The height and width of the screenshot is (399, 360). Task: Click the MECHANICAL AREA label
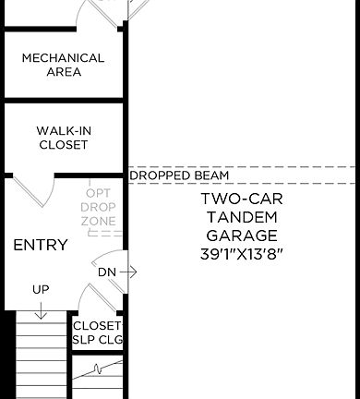click(x=63, y=65)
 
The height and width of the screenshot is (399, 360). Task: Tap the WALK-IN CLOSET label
click(x=63, y=138)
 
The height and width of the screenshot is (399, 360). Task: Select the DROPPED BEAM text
click(x=179, y=175)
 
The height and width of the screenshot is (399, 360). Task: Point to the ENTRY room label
click(x=40, y=245)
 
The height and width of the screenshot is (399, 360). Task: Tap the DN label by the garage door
click(x=105, y=272)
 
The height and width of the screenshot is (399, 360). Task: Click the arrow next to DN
click(x=128, y=272)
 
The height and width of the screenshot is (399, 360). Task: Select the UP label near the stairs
click(x=41, y=289)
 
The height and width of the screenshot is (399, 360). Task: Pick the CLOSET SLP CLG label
click(x=97, y=332)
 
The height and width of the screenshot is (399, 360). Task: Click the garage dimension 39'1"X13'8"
click(x=242, y=252)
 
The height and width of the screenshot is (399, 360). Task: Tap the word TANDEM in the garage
click(x=242, y=216)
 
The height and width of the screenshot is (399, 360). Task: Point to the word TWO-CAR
click(x=242, y=199)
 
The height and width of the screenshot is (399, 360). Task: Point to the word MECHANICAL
click(x=63, y=57)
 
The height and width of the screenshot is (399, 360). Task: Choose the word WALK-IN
click(x=63, y=130)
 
